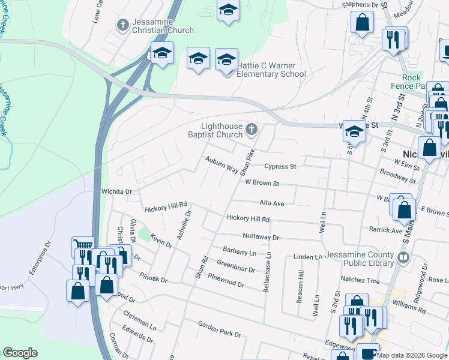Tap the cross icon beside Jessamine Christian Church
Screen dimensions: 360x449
(122, 26)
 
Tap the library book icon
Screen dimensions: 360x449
(403, 258)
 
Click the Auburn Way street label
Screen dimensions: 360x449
(220, 164)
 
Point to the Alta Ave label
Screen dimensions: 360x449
(271, 203)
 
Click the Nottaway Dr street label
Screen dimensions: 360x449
(261, 237)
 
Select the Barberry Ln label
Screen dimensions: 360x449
(240, 252)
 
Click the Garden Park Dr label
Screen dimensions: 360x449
(220, 329)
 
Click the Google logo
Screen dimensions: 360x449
(20, 353)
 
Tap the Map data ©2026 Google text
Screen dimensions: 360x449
(412, 355)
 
